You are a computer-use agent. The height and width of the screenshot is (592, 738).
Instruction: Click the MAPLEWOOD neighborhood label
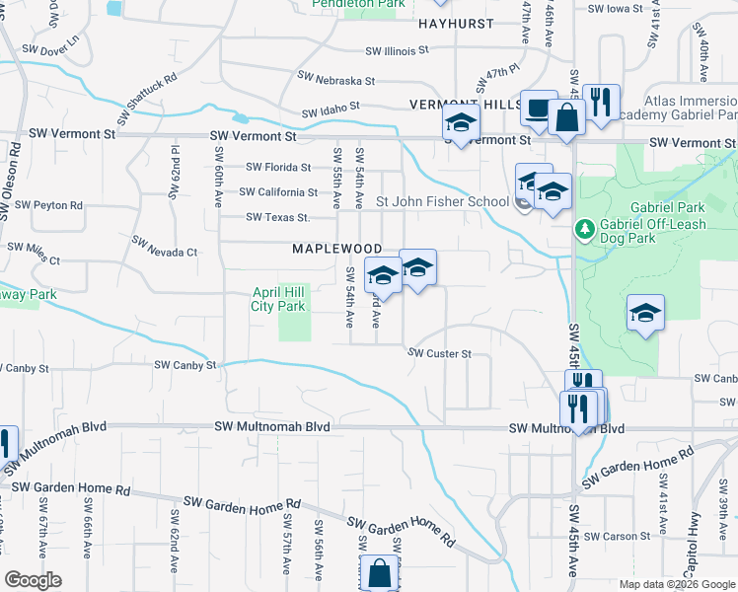click(336, 249)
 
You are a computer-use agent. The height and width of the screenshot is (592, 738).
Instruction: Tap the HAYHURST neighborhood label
click(455, 22)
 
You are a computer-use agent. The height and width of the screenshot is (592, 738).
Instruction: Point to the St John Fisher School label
click(442, 202)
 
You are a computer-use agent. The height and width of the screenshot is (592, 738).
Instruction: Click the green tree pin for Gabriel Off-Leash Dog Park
click(585, 230)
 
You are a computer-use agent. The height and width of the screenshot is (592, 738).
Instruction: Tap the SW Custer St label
click(440, 353)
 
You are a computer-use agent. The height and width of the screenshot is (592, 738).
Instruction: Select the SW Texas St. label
click(277, 217)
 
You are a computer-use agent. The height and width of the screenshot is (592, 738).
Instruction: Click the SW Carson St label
click(616, 537)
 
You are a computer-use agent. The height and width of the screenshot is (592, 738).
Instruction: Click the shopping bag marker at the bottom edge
click(380, 572)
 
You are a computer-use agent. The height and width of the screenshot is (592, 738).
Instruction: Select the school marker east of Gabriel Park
click(645, 314)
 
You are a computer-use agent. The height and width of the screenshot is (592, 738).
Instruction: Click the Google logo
click(33, 580)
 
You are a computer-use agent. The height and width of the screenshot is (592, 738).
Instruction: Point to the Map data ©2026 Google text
click(675, 584)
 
